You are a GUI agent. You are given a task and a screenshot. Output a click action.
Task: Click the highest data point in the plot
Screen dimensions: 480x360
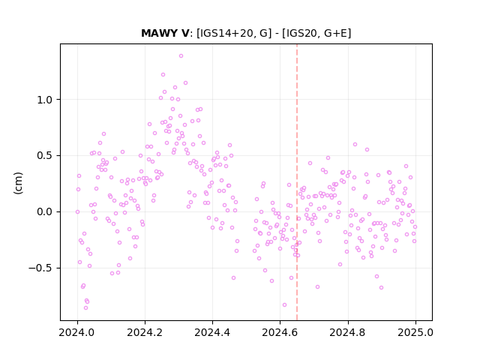pos(181,56)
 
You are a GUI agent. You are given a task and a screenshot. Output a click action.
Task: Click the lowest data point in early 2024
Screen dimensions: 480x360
pos(85,308)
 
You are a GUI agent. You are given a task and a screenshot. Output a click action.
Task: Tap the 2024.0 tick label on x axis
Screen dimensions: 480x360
pos(77,332)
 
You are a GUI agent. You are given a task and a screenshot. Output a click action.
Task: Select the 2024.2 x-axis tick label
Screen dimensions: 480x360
pos(145,332)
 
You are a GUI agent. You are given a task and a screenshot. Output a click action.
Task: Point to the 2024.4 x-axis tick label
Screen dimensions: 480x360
pos(212,332)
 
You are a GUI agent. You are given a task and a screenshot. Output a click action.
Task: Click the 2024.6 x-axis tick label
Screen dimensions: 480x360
pos(280,332)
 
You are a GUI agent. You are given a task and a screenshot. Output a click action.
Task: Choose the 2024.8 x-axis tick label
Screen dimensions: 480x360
pos(348,332)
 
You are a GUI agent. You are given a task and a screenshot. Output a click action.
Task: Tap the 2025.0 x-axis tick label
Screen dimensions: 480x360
pos(415,332)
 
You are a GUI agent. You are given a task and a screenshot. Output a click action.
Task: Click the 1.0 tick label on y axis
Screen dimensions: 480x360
pos(45,100)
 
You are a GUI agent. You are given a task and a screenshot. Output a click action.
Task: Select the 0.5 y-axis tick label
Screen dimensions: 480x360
pos(45,156)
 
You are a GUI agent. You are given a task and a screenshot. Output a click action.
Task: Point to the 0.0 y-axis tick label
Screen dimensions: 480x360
pos(45,211)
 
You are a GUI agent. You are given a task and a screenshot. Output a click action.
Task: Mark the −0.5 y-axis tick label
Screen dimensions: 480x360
pos(40,268)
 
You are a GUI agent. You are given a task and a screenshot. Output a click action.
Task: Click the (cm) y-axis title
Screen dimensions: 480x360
pos(18,183)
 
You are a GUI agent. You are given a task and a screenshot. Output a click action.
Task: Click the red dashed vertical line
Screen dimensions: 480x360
pos(297,182)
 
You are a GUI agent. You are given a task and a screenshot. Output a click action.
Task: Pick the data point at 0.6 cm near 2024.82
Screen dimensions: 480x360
pos(355,145)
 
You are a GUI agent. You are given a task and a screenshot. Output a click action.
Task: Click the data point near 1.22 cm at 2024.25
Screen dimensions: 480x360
pos(163,75)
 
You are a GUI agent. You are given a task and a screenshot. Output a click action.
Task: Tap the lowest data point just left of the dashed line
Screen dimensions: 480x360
pos(284,305)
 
